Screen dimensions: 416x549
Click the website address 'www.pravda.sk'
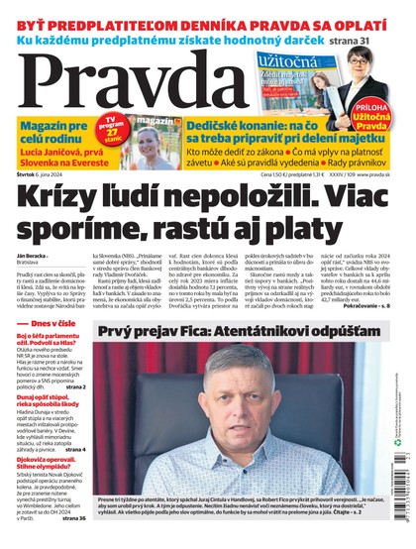(383, 175)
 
